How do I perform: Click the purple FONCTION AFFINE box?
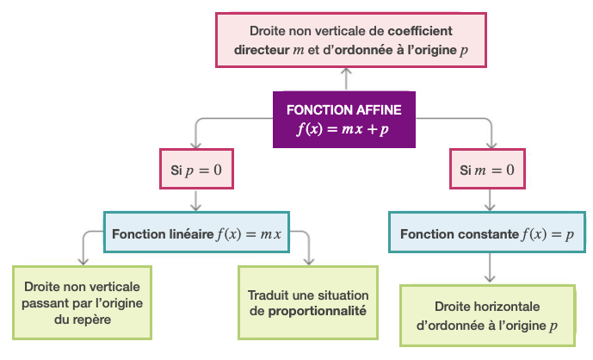click(x=343, y=119)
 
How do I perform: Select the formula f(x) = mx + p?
click(x=343, y=129)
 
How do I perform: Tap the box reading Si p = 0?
click(x=196, y=171)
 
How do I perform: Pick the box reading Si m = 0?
click(x=488, y=171)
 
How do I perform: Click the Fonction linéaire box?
click(x=197, y=233)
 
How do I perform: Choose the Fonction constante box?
click(x=488, y=233)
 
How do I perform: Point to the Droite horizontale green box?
click(x=488, y=316)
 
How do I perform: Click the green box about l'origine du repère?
click(x=83, y=302)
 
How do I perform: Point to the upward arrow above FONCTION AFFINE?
click(x=345, y=78)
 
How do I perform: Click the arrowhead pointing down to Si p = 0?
click(x=197, y=143)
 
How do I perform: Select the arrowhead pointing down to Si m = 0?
click(x=491, y=143)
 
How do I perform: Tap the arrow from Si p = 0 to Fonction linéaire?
click(x=197, y=202)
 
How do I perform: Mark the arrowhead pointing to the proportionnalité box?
click(x=309, y=258)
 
